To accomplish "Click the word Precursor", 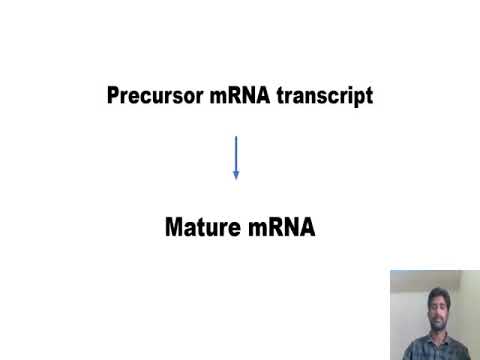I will pos(151,97).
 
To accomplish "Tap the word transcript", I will pos(328,97).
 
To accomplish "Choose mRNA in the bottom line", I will pos(280,228).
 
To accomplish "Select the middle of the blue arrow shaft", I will pos(236,155).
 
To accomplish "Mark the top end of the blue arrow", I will pos(236,136).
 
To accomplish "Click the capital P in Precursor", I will pos(113,97).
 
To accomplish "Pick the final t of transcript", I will pos(369,97).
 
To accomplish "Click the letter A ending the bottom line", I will pos(307,228).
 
